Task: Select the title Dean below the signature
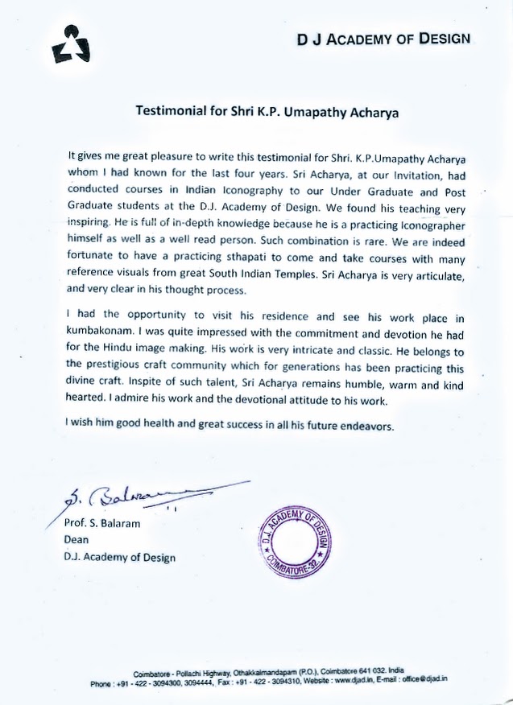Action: click(77, 540)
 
